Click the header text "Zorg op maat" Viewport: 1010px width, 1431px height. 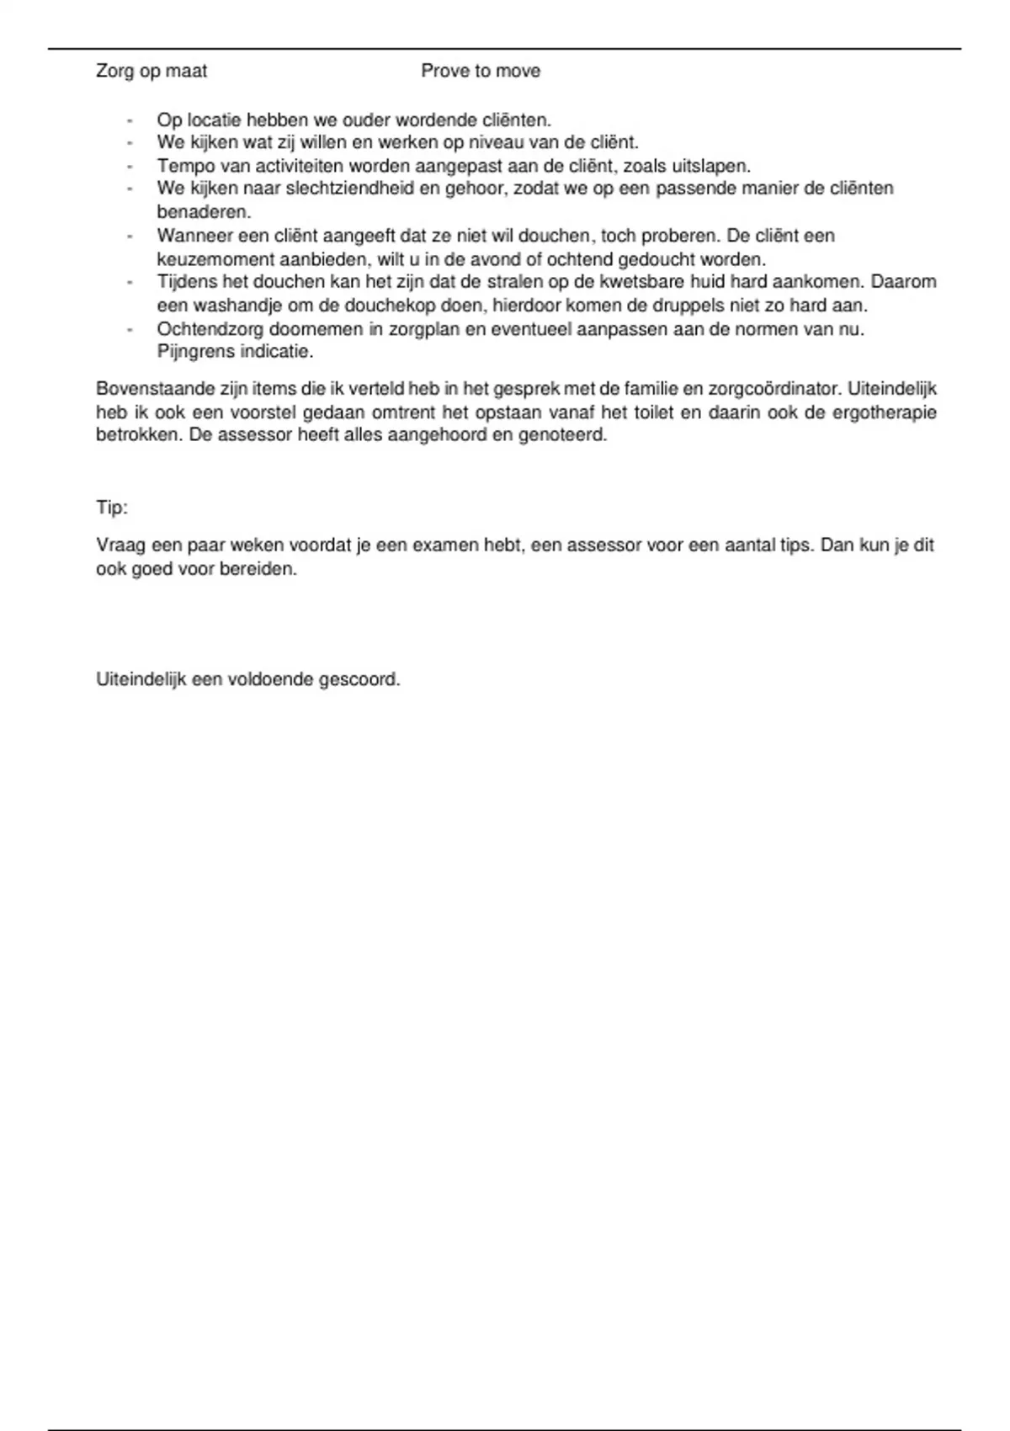(151, 72)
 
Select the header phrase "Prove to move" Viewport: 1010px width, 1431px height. (481, 72)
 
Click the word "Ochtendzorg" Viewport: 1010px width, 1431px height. (210, 329)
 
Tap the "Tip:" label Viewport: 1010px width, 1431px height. (112, 508)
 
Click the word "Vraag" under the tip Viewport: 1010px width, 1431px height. (121, 545)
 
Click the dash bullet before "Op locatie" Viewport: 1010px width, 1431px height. (130, 120)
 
